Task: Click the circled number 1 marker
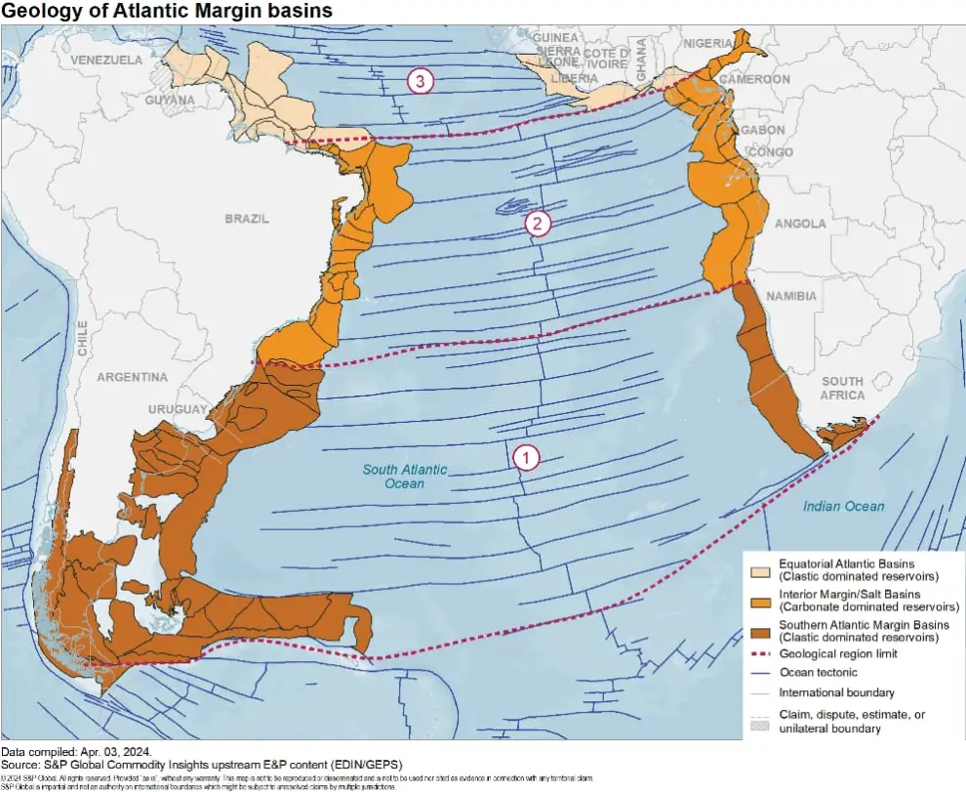525,456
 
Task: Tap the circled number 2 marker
537,224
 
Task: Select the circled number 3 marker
420,82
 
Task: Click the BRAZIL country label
246,219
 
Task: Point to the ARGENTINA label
132,377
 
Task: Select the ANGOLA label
800,224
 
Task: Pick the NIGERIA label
707,43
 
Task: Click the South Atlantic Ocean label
405,477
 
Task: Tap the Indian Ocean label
844,506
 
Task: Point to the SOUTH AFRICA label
842,388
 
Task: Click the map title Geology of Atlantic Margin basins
167,11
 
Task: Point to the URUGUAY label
178,408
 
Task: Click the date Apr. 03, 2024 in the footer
122,751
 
